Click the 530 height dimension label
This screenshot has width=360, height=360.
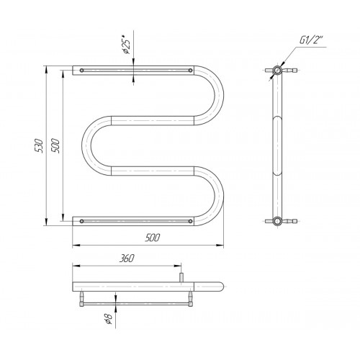39,145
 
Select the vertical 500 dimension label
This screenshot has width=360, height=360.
55,145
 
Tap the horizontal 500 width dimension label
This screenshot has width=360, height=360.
152,238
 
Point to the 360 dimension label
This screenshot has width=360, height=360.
127,258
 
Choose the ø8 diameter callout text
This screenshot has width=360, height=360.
109,318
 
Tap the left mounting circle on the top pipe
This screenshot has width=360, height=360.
82,71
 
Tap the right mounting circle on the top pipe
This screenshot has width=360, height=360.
190,71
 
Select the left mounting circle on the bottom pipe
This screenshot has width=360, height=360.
82,221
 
